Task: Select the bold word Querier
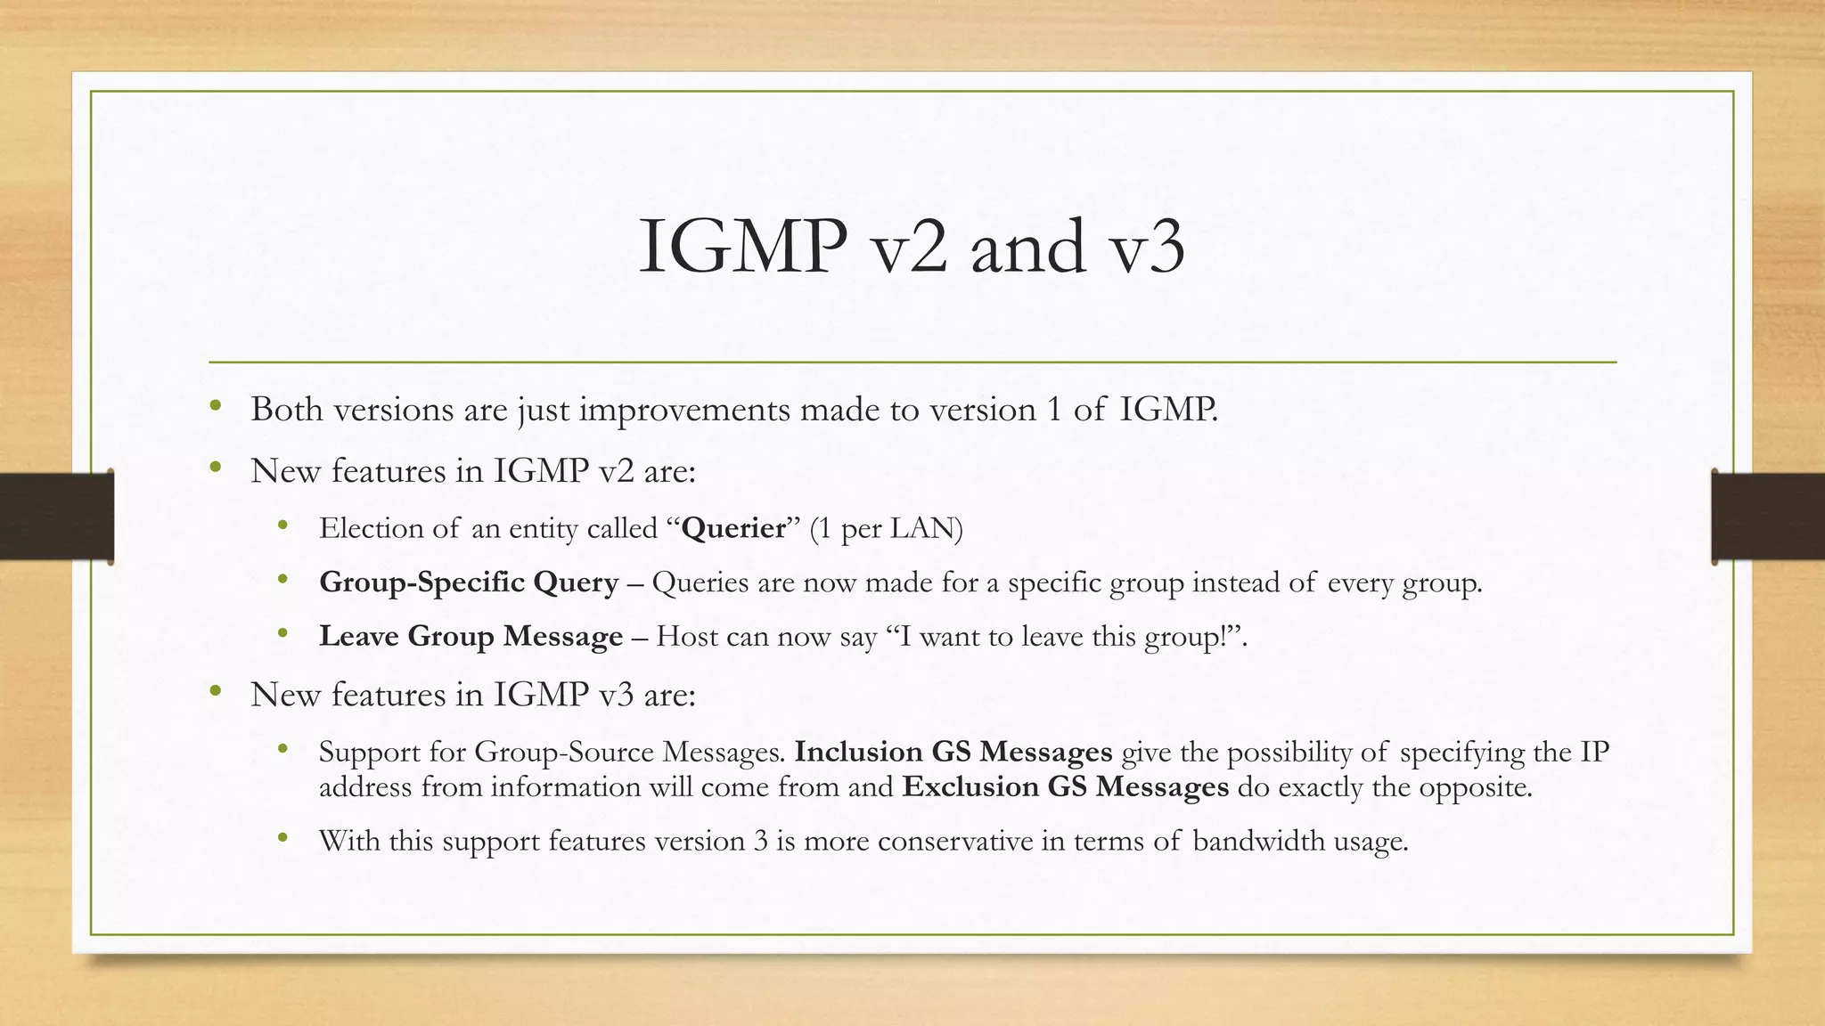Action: pyautogui.click(x=733, y=528)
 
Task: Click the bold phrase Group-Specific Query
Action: pyautogui.click(x=469, y=582)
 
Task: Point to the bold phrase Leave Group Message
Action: pyautogui.click(x=471, y=637)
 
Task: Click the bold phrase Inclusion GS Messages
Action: pyautogui.click(x=953, y=753)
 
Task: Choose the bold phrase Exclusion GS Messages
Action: pyautogui.click(x=1065, y=787)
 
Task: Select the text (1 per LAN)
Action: pyautogui.click(x=886, y=528)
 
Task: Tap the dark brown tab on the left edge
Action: pyautogui.click(x=56, y=517)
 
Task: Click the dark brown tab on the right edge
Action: pyautogui.click(x=1768, y=517)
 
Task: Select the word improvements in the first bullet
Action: pyautogui.click(x=684, y=410)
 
